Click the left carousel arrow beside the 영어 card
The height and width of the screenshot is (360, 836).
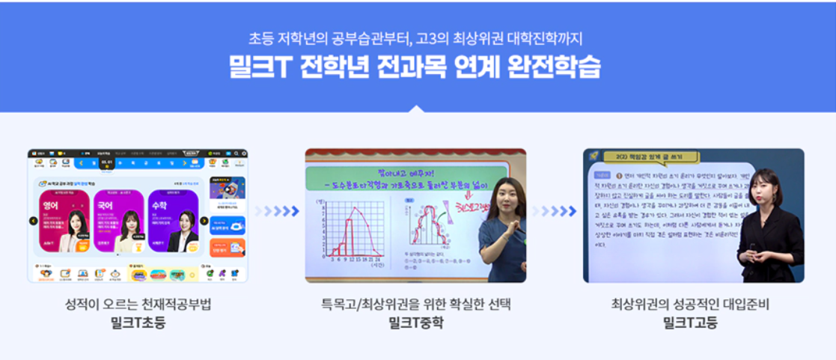(34, 221)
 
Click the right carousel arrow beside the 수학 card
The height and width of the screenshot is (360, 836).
(204, 221)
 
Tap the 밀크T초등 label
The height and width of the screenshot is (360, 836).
(137, 323)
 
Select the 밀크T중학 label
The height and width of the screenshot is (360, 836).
(415, 323)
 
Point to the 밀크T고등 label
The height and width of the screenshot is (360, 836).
(690, 323)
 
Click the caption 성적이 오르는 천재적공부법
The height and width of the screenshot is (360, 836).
(137, 305)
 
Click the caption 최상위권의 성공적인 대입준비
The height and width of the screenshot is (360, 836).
(690, 305)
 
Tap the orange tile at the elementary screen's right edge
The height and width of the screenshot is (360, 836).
(237, 247)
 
